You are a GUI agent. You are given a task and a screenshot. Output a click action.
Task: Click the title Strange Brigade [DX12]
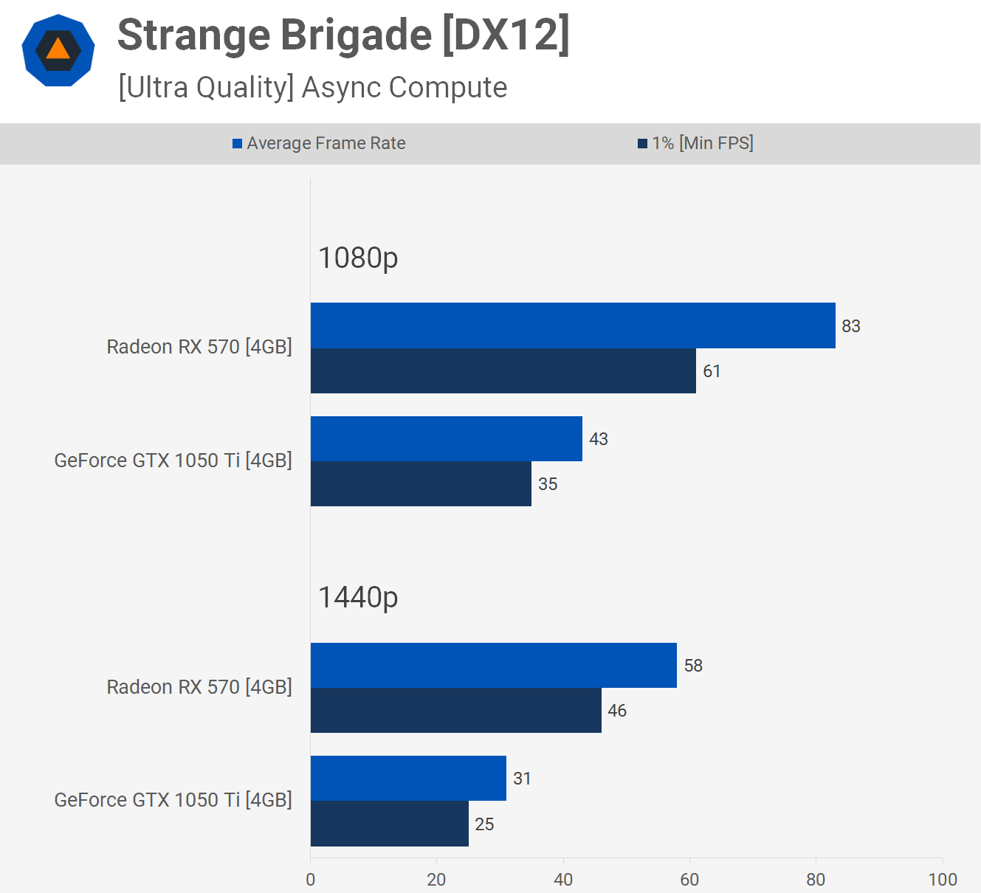pos(343,35)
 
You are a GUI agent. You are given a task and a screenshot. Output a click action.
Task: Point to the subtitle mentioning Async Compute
pos(313,88)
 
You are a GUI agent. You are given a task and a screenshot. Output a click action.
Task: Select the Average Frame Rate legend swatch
pos(237,144)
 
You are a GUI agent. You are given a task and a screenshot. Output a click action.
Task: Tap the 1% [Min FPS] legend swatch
pos(643,144)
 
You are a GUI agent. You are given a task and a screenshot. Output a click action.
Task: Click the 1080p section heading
pos(358,258)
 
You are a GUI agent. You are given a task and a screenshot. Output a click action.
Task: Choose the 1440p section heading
pos(358,598)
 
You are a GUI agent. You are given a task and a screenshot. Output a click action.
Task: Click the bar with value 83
pos(573,325)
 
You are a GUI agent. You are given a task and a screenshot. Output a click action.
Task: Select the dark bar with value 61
pos(503,370)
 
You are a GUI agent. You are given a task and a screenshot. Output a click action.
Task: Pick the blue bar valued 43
pos(447,438)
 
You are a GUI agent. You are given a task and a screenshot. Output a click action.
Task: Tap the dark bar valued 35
pos(421,483)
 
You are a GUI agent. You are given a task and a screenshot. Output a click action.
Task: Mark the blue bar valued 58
pos(493,665)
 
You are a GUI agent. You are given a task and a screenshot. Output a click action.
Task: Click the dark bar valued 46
pos(455,710)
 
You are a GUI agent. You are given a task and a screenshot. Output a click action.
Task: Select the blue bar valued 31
pos(408,778)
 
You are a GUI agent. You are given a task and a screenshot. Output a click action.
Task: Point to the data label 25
pos(484,824)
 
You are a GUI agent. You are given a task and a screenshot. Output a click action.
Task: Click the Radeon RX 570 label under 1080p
pos(199,347)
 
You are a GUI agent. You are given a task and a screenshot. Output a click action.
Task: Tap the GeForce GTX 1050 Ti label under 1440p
pos(173,800)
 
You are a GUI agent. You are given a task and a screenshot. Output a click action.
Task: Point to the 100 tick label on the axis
pos(943,879)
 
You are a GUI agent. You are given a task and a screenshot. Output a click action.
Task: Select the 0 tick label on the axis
pos(311,879)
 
